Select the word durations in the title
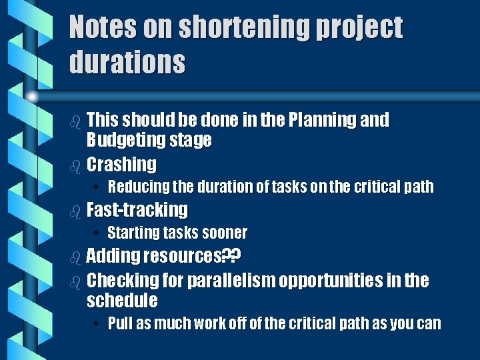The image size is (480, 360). (x=127, y=63)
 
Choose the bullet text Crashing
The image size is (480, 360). (x=121, y=164)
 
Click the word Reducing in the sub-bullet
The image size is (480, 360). (x=136, y=187)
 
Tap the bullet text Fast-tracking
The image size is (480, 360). (x=137, y=210)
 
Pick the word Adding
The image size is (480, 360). (x=113, y=255)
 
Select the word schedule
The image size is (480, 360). (x=122, y=300)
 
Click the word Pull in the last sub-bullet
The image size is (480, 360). (x=120, y=324)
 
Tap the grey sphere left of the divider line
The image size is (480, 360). (x=31, y=97)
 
